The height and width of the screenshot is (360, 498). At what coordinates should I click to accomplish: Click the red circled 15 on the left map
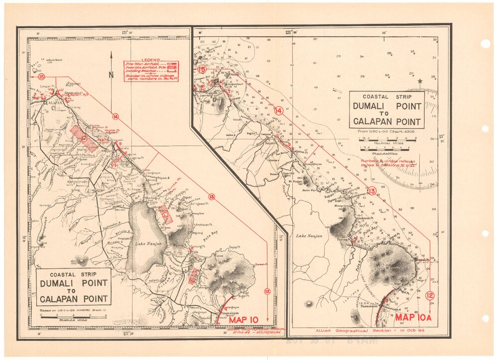[x=41, y=77]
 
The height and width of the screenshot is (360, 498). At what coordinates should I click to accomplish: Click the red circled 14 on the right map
[x=279, y=111]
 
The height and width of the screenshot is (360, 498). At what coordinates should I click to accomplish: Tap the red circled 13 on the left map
[x=211, y=197]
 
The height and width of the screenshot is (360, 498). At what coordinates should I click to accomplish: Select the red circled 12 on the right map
[x=430, y=296]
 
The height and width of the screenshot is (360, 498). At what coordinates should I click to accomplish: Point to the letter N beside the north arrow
[x=112, y=75]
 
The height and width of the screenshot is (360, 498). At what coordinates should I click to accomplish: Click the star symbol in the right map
[x=420, y=81]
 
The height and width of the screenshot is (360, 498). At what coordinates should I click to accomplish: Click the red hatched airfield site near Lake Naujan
[x=165, y=214]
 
